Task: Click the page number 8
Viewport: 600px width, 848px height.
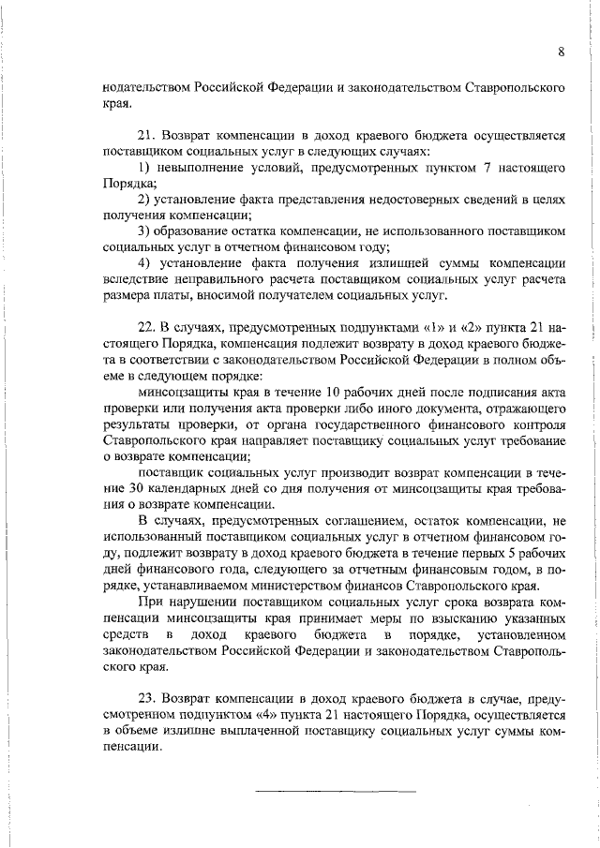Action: coord(560,52)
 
